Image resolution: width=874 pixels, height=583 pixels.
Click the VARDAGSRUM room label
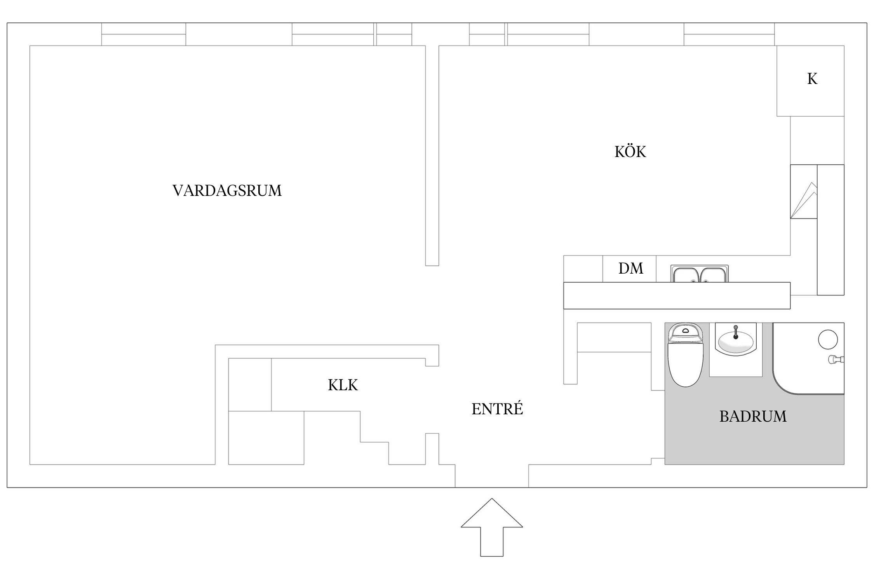pos(227,191)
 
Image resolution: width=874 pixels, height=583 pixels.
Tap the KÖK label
pos(630,152)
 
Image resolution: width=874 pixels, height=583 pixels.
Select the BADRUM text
pos(753,417)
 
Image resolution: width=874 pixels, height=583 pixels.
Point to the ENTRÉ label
pos(497,409)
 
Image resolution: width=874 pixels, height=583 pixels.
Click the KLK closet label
pos(343,385)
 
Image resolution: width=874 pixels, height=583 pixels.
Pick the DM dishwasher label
pos(630,268)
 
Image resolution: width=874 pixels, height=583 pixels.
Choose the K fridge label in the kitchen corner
pos(812,79)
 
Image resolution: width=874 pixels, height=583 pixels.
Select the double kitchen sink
pos(699,274)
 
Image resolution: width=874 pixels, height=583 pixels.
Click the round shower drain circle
pos(828,339)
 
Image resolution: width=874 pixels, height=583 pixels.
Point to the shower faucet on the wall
pos(835,360)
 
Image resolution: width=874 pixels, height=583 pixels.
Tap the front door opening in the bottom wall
pos(492,476)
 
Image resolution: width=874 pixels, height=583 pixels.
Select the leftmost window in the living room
pos(143,34)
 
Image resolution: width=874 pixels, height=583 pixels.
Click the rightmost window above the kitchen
pos(729,34)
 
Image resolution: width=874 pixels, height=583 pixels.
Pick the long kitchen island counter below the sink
pos(677,295)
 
